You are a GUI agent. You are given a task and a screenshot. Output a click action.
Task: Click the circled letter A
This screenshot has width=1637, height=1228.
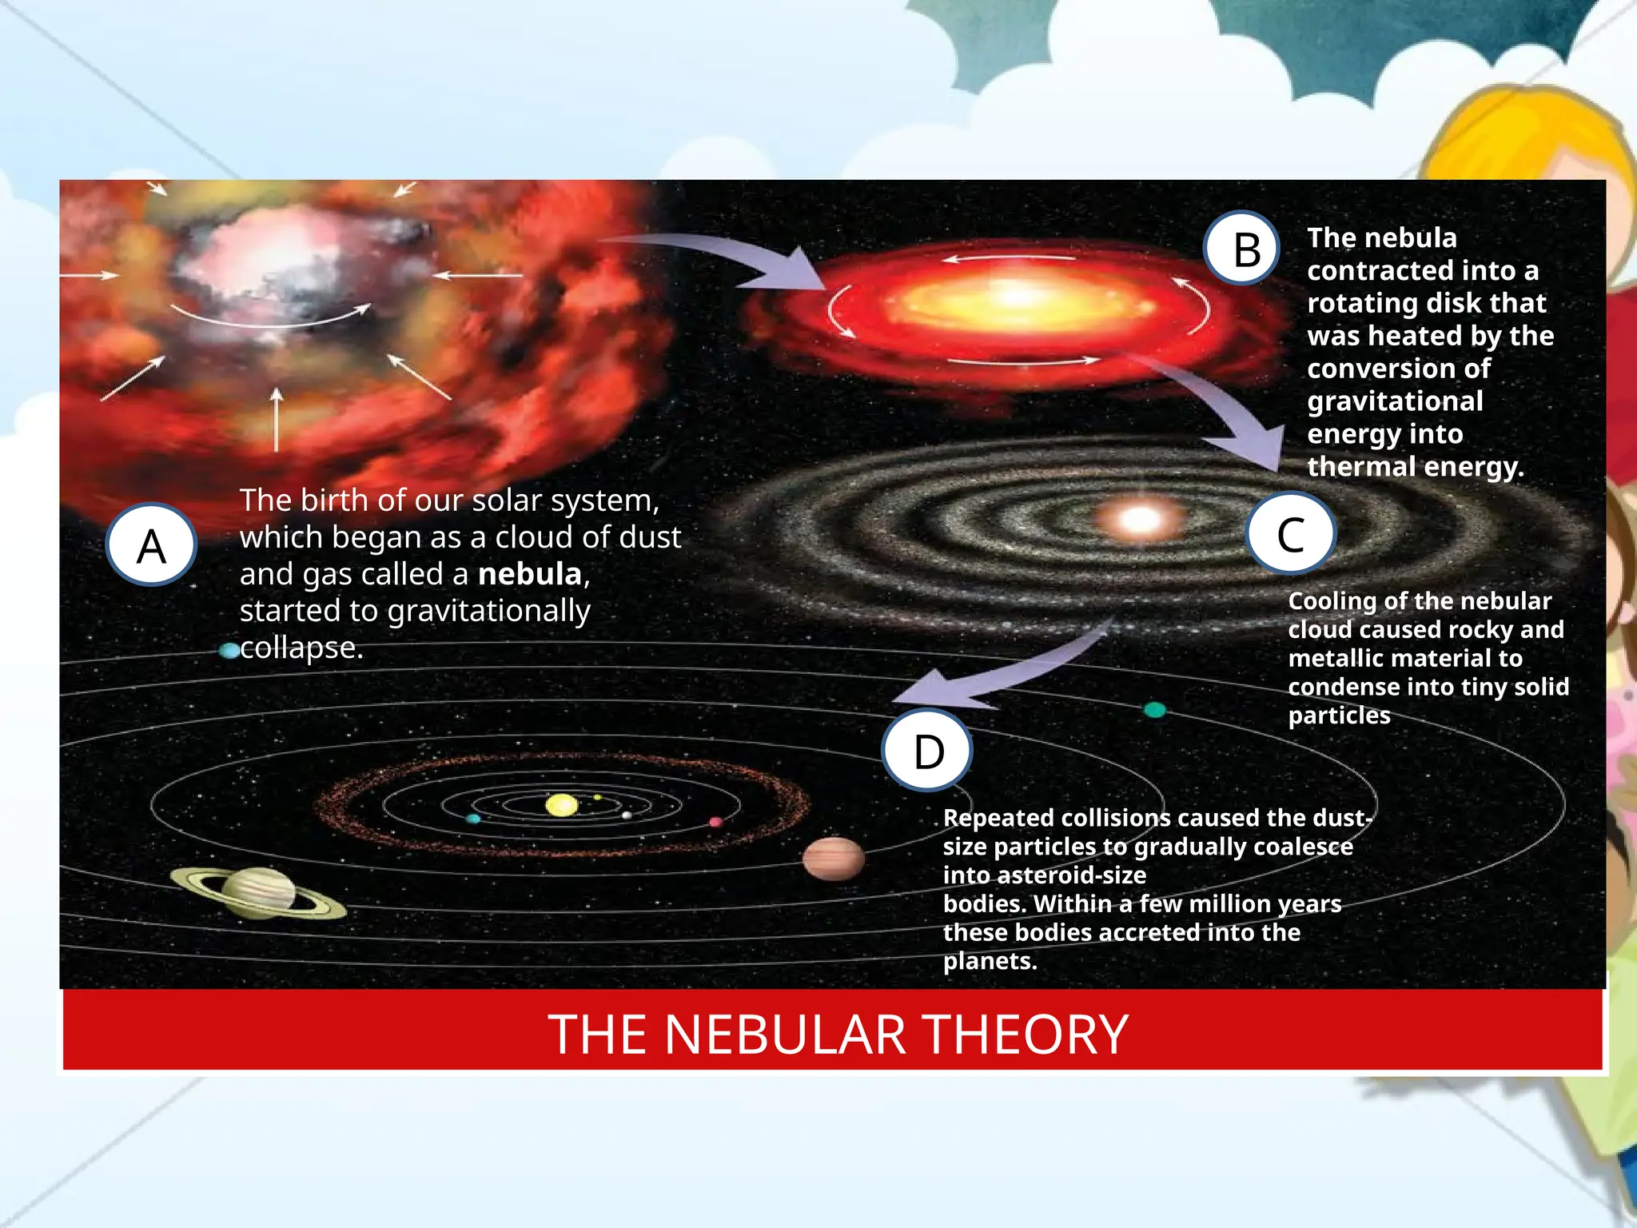click(151, 545)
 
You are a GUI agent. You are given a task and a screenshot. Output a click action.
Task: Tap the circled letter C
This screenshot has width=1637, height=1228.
click(1290, 534)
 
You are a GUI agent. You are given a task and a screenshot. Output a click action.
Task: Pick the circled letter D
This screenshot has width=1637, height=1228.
click(928, 751)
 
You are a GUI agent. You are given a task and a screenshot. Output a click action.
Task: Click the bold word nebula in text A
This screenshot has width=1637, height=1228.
click(530, 574)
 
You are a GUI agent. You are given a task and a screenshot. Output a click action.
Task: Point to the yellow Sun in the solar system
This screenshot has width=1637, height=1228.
click(561, 804)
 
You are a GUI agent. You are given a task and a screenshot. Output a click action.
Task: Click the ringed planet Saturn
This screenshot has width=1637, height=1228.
click(258, 892)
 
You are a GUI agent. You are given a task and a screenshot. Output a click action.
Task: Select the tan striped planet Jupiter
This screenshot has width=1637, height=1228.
click(833, 859)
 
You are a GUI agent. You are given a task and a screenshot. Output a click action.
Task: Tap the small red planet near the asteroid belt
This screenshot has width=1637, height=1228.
click(715, 822)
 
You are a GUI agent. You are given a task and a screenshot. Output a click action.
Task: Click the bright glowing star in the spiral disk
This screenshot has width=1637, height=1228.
click(1140, 520)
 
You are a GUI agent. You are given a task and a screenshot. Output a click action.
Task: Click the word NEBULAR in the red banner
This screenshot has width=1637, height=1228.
click(785, 1035)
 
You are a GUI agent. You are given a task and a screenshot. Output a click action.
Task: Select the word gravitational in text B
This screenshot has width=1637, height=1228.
click(1395, 401)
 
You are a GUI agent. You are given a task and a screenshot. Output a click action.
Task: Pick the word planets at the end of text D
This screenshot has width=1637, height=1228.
click(989, 961)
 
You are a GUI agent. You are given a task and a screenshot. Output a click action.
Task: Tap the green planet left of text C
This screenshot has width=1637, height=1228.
click(1154, 709)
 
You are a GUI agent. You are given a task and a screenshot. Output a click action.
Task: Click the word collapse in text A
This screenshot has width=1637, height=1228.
click(300, 648)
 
